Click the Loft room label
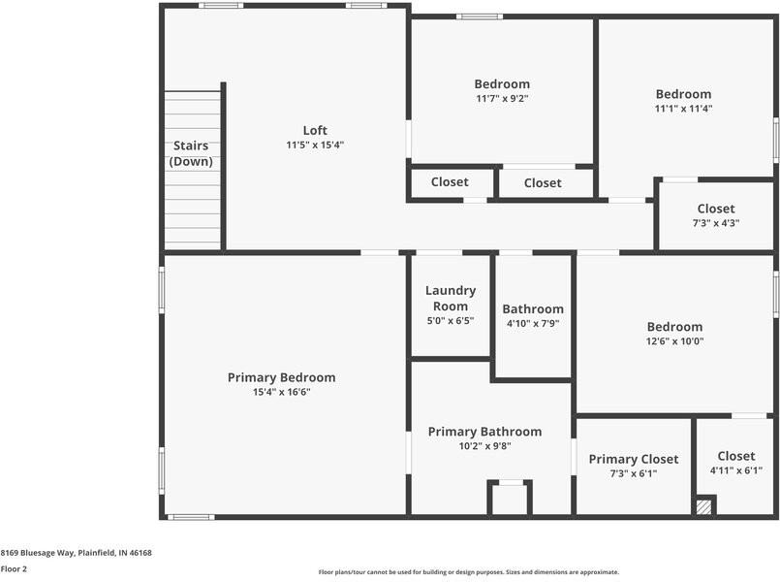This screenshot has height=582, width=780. coord(315,130)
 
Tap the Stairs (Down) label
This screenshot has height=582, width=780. coord(191,154)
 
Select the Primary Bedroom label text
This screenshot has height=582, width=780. coord(281,377)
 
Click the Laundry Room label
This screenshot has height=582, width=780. coord(451,298)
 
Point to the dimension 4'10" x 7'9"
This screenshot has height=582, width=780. coord(533,324)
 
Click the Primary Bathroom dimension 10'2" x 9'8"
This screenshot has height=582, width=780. coord(484,446)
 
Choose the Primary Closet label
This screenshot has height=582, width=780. coord(634,459)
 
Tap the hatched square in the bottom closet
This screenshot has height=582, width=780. coord(704,506)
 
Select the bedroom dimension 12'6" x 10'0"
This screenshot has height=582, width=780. coord(674,341)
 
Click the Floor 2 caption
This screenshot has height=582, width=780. coord(14,569)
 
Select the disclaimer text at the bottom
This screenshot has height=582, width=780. coord(469,572)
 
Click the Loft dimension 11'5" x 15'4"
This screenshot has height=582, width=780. coord(315,145)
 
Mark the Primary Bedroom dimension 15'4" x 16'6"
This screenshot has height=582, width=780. coord(281,392)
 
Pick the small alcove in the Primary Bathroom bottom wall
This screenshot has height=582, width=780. coord(509,499)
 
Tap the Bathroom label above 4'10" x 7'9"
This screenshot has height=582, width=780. coord(533,308)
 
